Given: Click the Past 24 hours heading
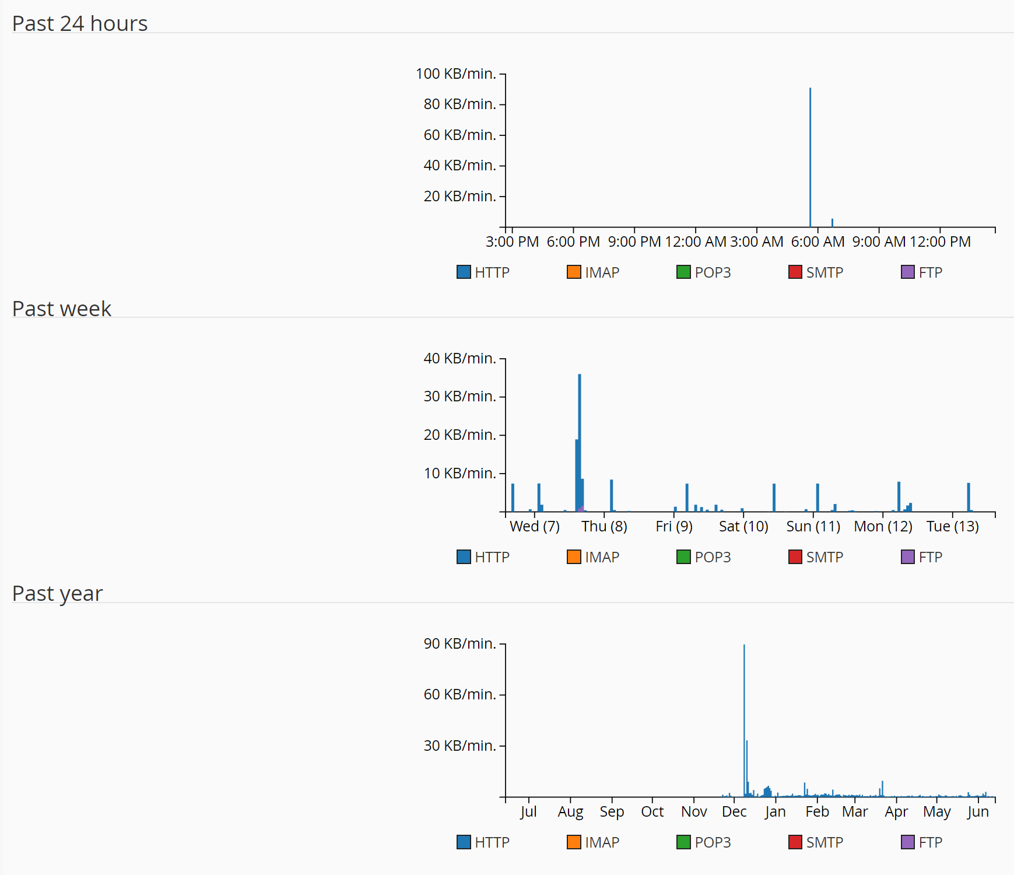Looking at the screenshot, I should pos(80,24).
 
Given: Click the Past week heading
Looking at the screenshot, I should pos(62,309).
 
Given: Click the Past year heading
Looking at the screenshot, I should pos(58,594).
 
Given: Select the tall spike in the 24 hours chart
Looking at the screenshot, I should pos(810,157).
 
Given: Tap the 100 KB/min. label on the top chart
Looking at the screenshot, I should pos(455,74).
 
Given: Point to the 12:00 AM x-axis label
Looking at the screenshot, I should pos(695,242).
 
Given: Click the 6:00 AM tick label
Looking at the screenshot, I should pos(817,242).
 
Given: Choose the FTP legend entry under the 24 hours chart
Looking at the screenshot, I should pos(922,272).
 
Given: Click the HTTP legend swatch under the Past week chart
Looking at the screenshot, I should pos(464,557).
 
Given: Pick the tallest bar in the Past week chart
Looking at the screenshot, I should pos(580,443).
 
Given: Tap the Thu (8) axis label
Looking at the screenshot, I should pos(604,526).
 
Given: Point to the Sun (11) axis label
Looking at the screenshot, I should pos(813,526).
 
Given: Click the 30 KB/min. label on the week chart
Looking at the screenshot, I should pos(459,397).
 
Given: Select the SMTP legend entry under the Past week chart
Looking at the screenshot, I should pos(816,557).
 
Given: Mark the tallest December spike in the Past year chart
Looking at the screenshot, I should pos(744,717).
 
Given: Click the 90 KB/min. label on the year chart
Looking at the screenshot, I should pos(459,644).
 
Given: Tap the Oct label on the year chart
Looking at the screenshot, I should pos(652,811).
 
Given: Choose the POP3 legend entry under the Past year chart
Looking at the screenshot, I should pos(704,842).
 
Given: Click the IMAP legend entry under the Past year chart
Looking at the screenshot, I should pos(594,842).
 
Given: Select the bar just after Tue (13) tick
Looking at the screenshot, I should pos(969,497).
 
